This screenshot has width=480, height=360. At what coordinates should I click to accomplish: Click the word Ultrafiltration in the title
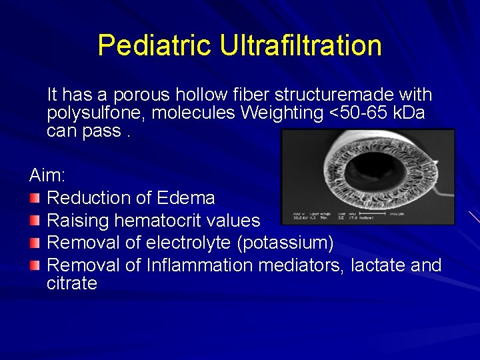click(x=301, y=45)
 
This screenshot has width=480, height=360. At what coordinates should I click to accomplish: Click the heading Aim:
click(x=47, y=175)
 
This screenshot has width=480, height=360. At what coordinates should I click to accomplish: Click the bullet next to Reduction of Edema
click(x=35, y=198)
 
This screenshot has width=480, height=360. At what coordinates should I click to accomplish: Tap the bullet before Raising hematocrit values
click(x=35, y=220)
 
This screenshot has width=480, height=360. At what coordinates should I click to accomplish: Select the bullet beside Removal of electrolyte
click(x=35, y=243)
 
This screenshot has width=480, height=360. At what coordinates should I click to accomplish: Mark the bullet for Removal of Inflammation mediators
click(x=35, y=265)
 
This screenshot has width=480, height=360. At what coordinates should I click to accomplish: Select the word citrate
click(x=72, y=283)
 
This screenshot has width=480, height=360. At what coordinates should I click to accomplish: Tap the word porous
click(x=137, y=95)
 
